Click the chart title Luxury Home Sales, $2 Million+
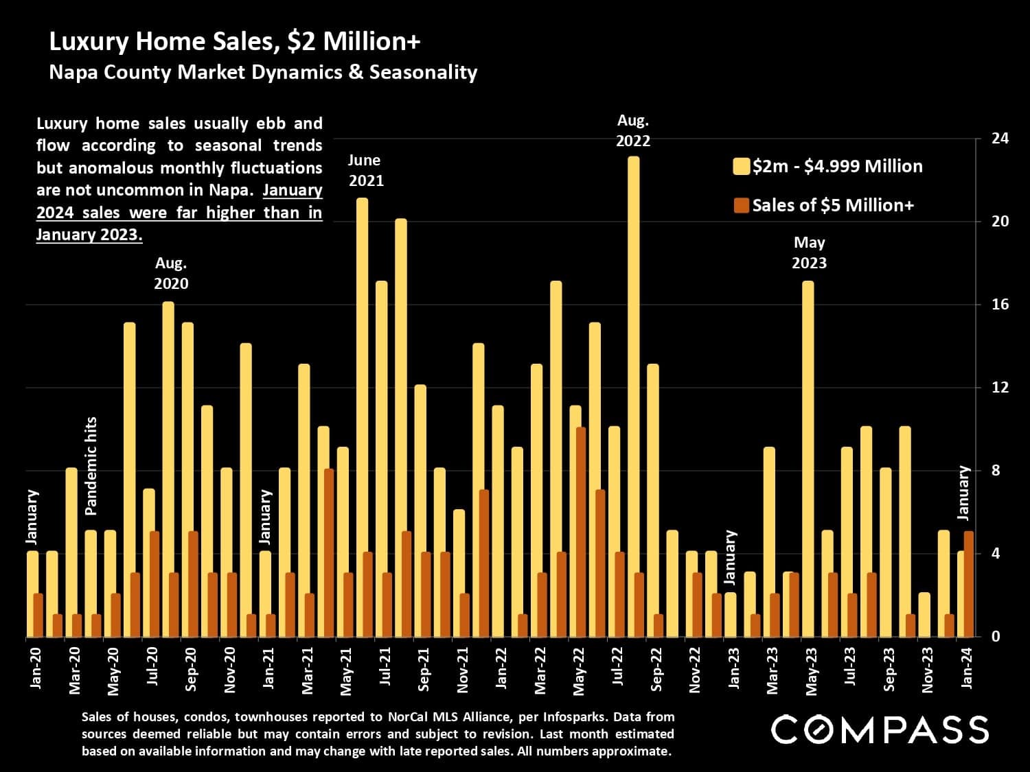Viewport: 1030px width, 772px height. tap(234, 42)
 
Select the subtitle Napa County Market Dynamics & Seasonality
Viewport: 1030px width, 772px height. tap(263, 72)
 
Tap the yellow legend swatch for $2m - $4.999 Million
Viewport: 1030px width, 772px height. tap(741, 167)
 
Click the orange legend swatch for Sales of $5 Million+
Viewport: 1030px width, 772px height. tap(741, 205)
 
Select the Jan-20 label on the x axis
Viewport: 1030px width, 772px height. tap(36, 668)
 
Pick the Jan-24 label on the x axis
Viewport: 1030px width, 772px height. tap(967, 668)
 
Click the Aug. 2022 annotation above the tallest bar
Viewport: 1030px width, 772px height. tap(633, 130)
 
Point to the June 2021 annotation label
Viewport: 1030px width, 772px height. tap(365, 170)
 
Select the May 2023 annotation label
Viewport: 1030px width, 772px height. tap(809, 253)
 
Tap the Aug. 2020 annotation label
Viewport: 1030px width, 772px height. tap(171, 273)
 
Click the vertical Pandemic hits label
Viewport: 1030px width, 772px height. tap(91, 466)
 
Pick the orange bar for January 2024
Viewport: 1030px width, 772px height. tap(969, 584)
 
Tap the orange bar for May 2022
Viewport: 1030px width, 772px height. tap(581, 532)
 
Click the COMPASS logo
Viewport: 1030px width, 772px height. tap(880, 729)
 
